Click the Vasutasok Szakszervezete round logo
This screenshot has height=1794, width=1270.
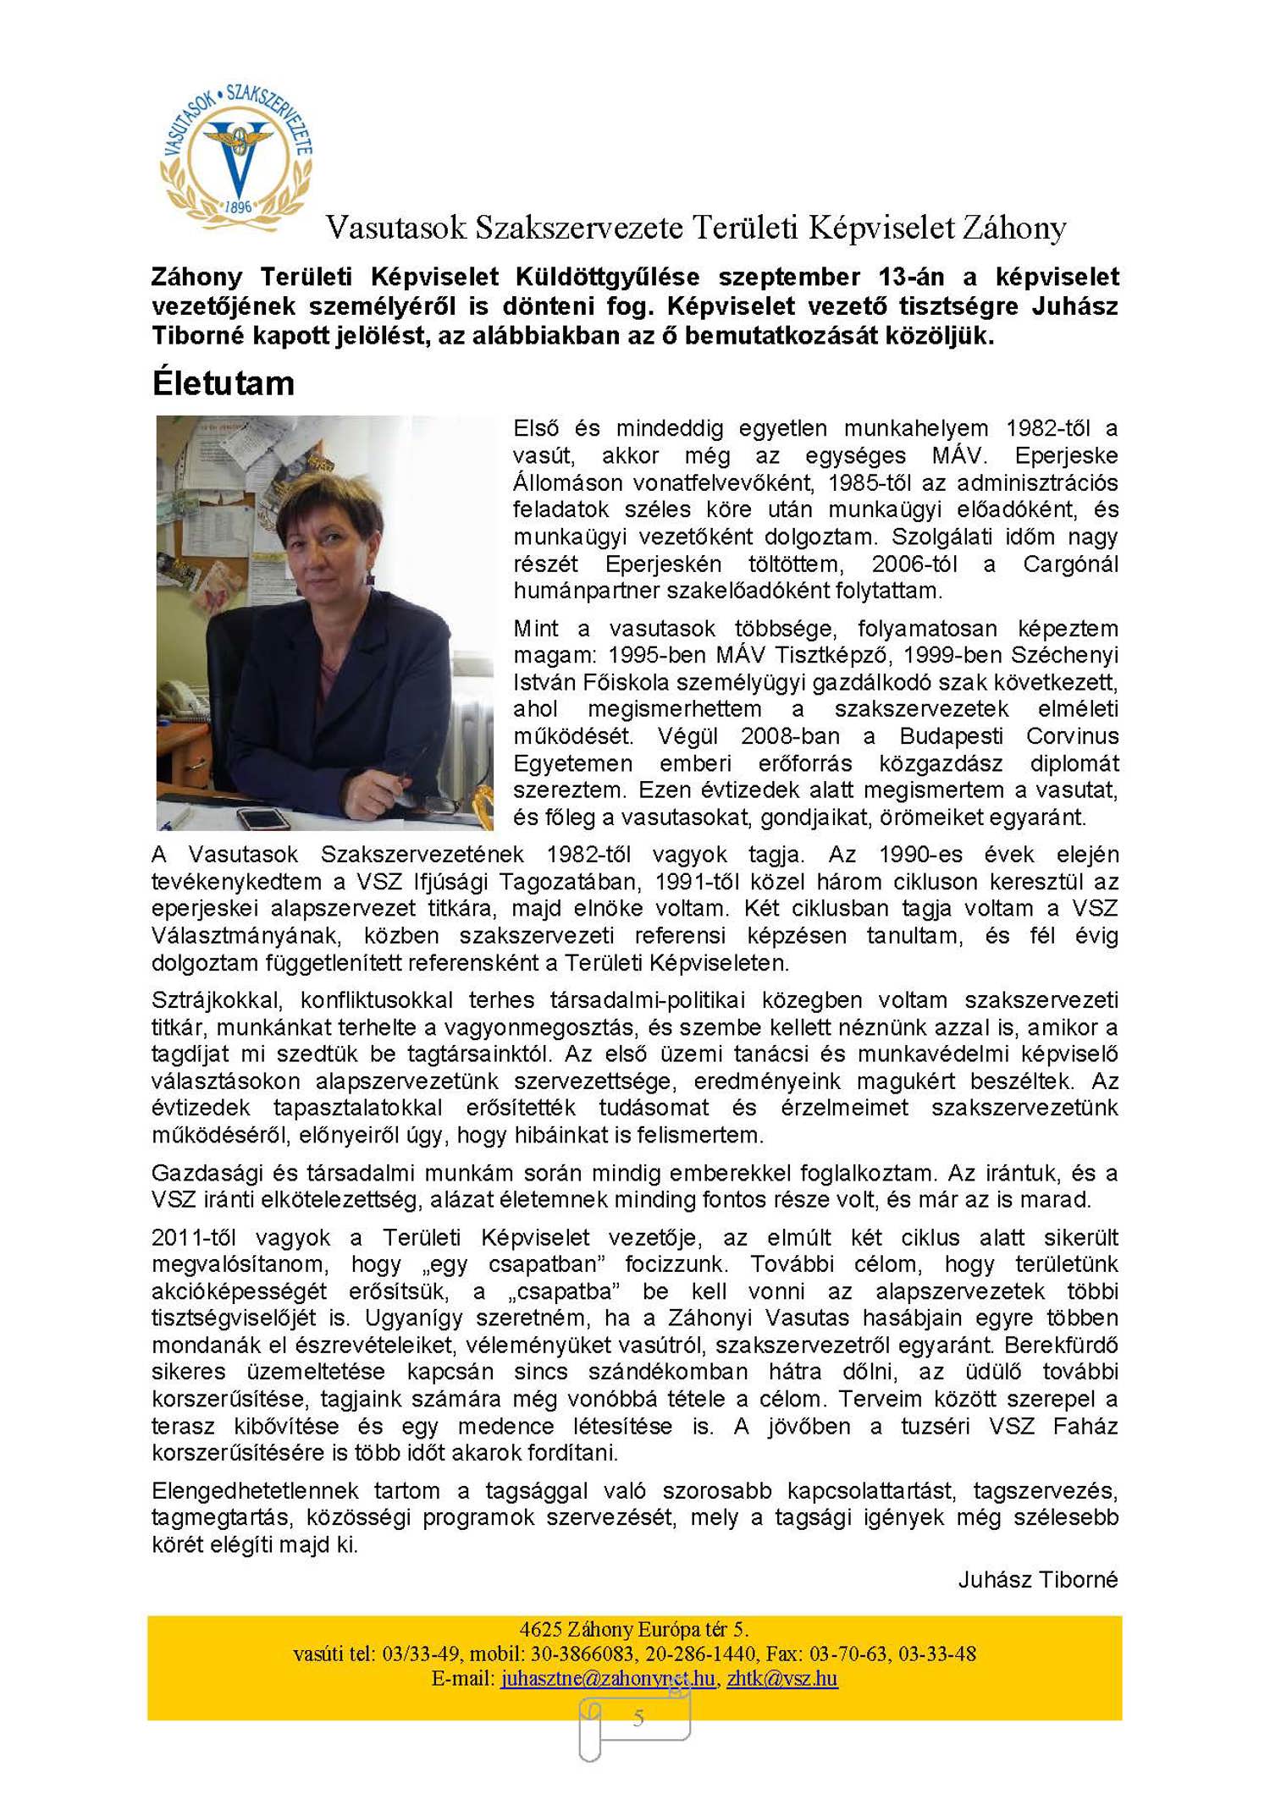236,156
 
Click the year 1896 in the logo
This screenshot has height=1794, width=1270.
239,206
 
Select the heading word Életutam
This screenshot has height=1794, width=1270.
224,383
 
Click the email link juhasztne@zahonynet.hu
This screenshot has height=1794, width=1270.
607,1678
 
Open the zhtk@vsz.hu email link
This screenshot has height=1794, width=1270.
781,1678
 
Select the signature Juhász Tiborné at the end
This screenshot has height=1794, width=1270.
1037,1579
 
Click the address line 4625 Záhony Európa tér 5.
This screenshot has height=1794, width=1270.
634,1629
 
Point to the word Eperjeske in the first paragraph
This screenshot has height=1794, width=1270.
1066,455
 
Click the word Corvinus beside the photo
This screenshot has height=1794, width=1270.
1072,735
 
